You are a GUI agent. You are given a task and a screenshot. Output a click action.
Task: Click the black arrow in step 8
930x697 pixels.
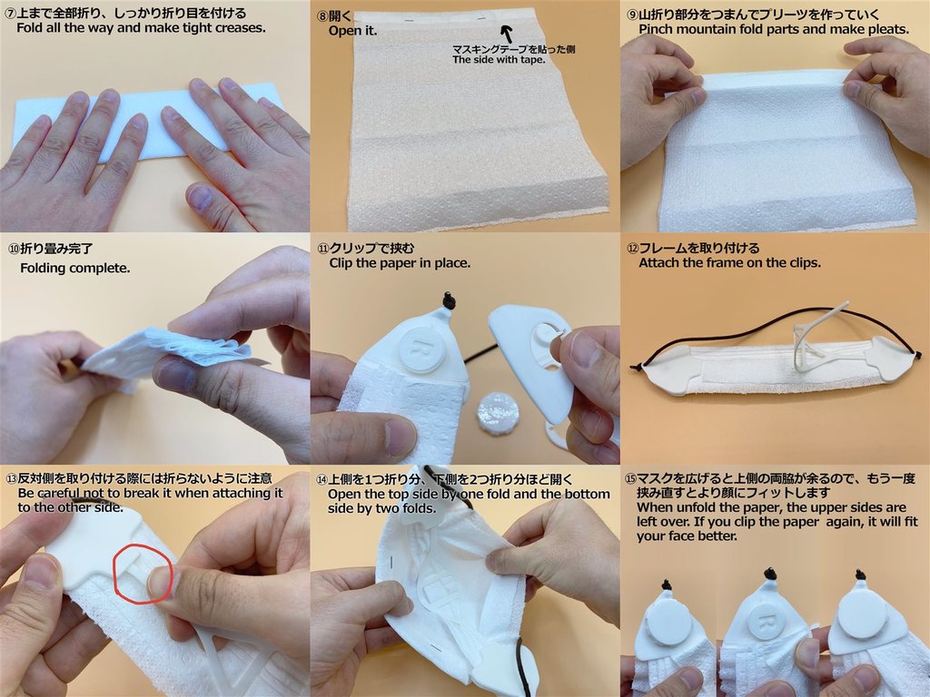pyautogui.click(x=507, y=34)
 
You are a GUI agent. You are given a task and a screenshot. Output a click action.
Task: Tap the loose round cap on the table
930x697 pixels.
pyautogui.click(x=497, y=412)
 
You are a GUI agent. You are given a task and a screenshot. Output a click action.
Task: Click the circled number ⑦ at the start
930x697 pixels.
pyautogui.click(x=9, y=13)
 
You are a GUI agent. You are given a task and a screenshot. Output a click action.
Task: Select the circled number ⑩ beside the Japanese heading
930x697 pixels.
pyautogui.click(x=14, y=249)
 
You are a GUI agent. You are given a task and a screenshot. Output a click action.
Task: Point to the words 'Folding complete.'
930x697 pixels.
pyautogui.click(x=74, y=269)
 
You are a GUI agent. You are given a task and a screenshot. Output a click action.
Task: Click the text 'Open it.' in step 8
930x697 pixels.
pyautogui.click(x=353, y=31)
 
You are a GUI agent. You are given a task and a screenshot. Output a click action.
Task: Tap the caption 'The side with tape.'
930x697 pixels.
pyautogui.click(x=499, y=60)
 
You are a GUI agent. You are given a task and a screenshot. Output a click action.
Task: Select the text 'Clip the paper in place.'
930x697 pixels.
pyautogui.click(x=400, y=263)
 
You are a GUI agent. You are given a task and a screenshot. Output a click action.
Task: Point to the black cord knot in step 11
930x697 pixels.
pyautogui.click(x=449, y=301)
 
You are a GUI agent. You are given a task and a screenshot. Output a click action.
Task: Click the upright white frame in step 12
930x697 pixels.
pyautogui.click(x=817, y=338)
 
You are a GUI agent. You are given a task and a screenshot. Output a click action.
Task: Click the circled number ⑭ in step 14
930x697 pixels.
pyautogui.click(x=322, y=479)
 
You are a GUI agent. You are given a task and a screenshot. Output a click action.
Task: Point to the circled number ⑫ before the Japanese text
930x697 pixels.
pyautogui.click(x=632, y=249)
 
